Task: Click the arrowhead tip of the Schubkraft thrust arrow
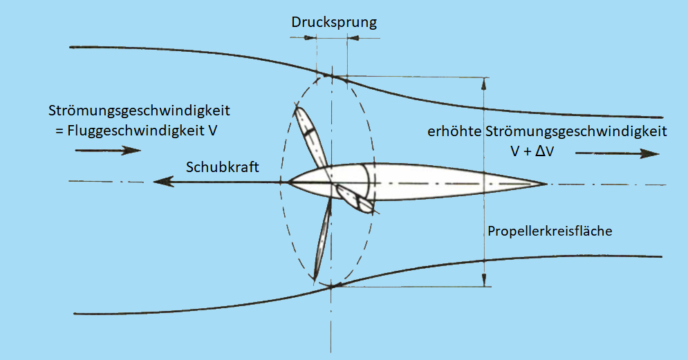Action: click(154, 181)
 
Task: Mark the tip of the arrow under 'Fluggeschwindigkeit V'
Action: click(140, 151)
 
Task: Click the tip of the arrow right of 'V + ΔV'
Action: click(660, 153)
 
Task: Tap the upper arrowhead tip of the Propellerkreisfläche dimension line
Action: click(484, 78)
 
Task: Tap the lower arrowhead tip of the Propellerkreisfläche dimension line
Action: click(484, 286)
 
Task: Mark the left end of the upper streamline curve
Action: click(71, 47)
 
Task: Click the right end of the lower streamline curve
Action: click(662, 256)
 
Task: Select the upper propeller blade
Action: click(310, 137)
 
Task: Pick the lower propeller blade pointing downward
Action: click(323, 239)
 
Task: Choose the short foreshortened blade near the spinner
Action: click(355, 198)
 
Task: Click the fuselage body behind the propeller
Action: click(417, 182)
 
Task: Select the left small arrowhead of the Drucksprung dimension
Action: click(316, 38)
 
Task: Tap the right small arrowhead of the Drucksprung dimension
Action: click(348, 38)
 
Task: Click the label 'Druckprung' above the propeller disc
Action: click(334, 22)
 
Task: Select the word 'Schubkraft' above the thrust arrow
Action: click(223, 167)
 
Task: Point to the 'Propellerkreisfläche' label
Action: click(550, 231)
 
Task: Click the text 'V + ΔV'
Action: click(532, 151)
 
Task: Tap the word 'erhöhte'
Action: click(454, 131)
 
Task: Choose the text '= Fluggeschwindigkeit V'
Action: click(136, 131)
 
